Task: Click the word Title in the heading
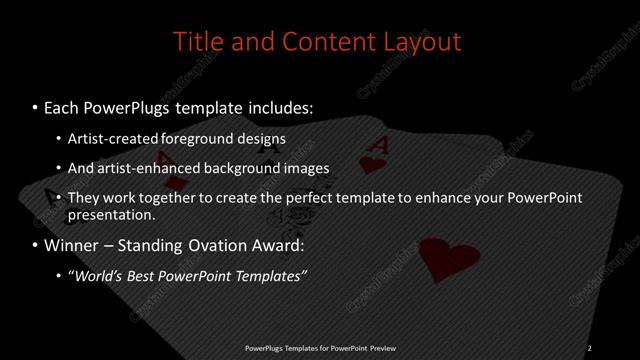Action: click(196, 42)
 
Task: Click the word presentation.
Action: click(111, 215)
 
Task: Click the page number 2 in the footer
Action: click(590, 347)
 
